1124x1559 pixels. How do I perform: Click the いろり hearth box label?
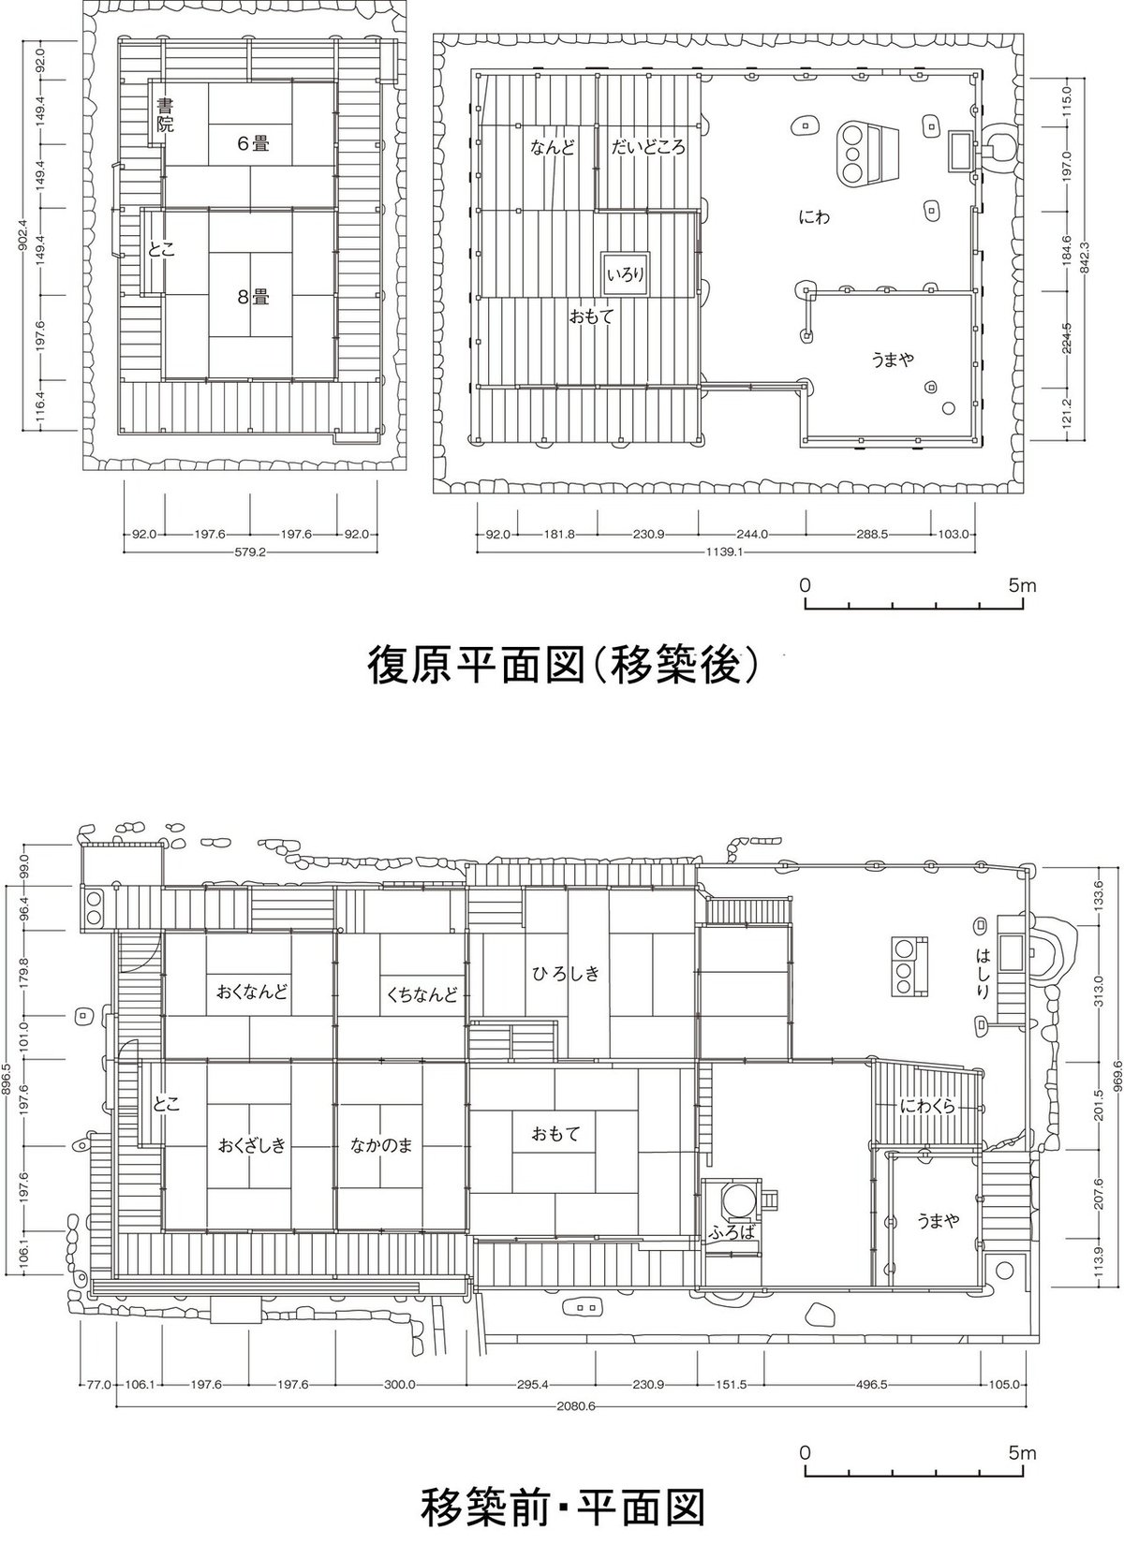click(626, 275)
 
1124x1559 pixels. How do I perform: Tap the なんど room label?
click(553, 148)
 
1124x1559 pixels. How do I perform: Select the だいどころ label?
click(648, 148)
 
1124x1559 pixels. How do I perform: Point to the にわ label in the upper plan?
click(814, 217)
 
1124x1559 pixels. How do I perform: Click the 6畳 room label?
click(253, 144)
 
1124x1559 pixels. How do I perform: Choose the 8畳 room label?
click(253, 297)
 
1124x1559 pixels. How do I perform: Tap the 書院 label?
click(165, 115)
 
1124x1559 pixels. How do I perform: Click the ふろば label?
click(732, 1233)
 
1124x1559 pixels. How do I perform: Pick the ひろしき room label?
click(566, 974)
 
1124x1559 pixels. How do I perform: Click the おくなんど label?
click(251, 992)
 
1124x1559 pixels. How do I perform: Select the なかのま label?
click(382, 1145)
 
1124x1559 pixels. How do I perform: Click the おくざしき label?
click(251, 1145)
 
